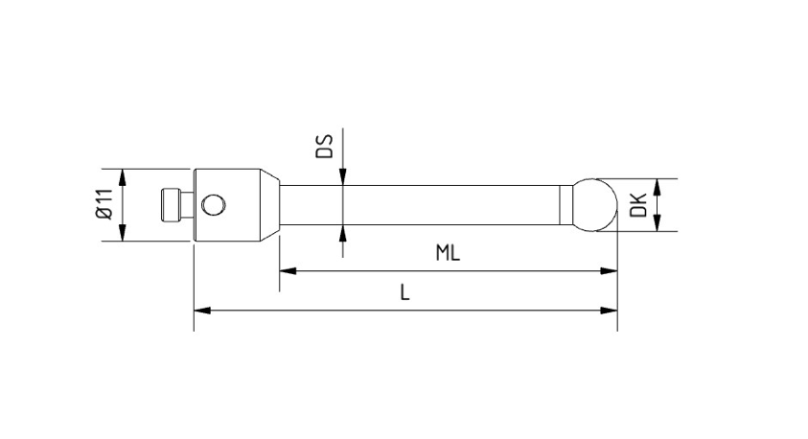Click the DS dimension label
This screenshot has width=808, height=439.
click(324, 146)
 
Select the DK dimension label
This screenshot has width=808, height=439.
click(638, 205)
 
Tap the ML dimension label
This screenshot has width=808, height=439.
click(448, 253)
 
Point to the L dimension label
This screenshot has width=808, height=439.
click(405, 292)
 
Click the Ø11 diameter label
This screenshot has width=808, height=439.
click(104, 204)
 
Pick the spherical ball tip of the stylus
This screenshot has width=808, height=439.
click(594, 205)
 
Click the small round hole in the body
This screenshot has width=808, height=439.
click(214, 205)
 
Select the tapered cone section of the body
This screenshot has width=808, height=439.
click(269, 205)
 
